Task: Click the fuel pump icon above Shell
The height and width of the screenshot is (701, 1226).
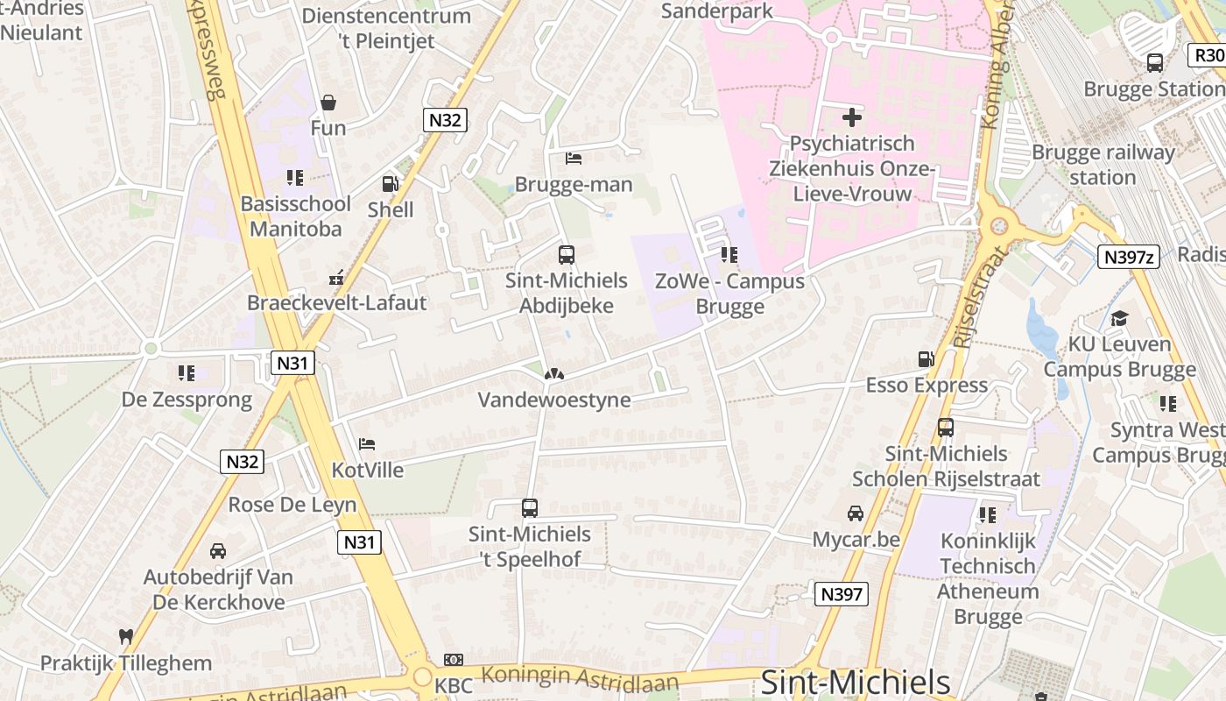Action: pos(390,184)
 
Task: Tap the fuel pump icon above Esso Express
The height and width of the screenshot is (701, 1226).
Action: pos(926,359)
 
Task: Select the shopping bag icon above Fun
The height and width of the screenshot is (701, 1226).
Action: pos(328,103)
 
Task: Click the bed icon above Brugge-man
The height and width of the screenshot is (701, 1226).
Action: pos(574,159)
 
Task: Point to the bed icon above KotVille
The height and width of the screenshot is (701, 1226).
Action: pos(367,444)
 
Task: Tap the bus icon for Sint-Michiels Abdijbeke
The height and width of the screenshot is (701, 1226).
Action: pos(567,255)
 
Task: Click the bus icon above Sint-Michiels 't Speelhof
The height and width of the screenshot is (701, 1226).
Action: pos(530,508)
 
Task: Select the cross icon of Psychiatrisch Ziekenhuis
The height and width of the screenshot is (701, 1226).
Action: pos(851,117)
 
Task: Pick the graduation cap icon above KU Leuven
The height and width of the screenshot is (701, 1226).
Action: pos(1119,318)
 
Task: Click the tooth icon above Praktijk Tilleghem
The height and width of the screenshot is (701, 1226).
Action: pos(125,637)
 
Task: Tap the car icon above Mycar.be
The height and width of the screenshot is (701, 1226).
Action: pos(856,513)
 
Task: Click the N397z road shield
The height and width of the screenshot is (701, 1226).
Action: pos(1129,257)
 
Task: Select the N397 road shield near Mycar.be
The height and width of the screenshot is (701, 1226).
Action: pos(841,594)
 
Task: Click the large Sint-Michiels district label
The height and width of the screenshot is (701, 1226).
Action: pos(855,683)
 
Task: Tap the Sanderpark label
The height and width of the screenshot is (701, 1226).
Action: pos(717,11)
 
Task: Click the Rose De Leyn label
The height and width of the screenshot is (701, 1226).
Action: pos(292,505)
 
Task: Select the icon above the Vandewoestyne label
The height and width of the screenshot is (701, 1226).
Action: pos(553,374)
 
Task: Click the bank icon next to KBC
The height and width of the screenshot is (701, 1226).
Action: pos(453,660)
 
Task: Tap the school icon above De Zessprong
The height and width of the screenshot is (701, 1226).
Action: pos(186,373)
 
